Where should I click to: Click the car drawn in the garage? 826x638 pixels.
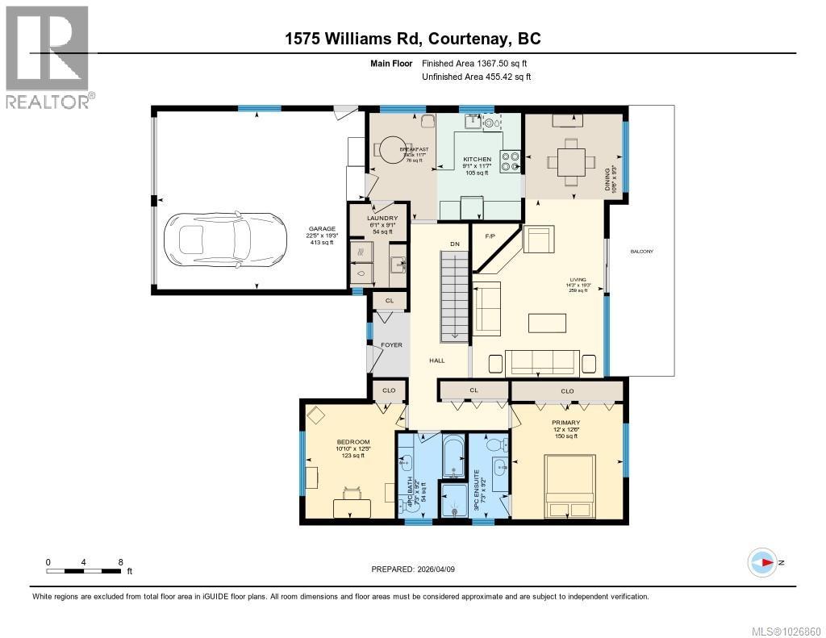[x=225, y=240]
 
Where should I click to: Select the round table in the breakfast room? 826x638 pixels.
[x=391, y=148]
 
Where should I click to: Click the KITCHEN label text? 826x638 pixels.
[x=477, y=160]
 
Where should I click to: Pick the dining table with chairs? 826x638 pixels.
[x=573, y=161]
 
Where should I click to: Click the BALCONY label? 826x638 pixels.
[x=642, y=252]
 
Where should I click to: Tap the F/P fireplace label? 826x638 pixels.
[x=490, y=237]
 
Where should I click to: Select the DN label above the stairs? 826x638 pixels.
[x=455, y=244]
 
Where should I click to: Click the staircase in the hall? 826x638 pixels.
[x=455, y=296]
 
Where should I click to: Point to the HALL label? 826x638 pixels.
[x=436, y=361]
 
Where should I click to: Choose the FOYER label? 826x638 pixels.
[x=391, y=345]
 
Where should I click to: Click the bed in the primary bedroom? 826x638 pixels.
[x=570, y=486]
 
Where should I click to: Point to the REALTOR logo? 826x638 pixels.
[x=48, y=56]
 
